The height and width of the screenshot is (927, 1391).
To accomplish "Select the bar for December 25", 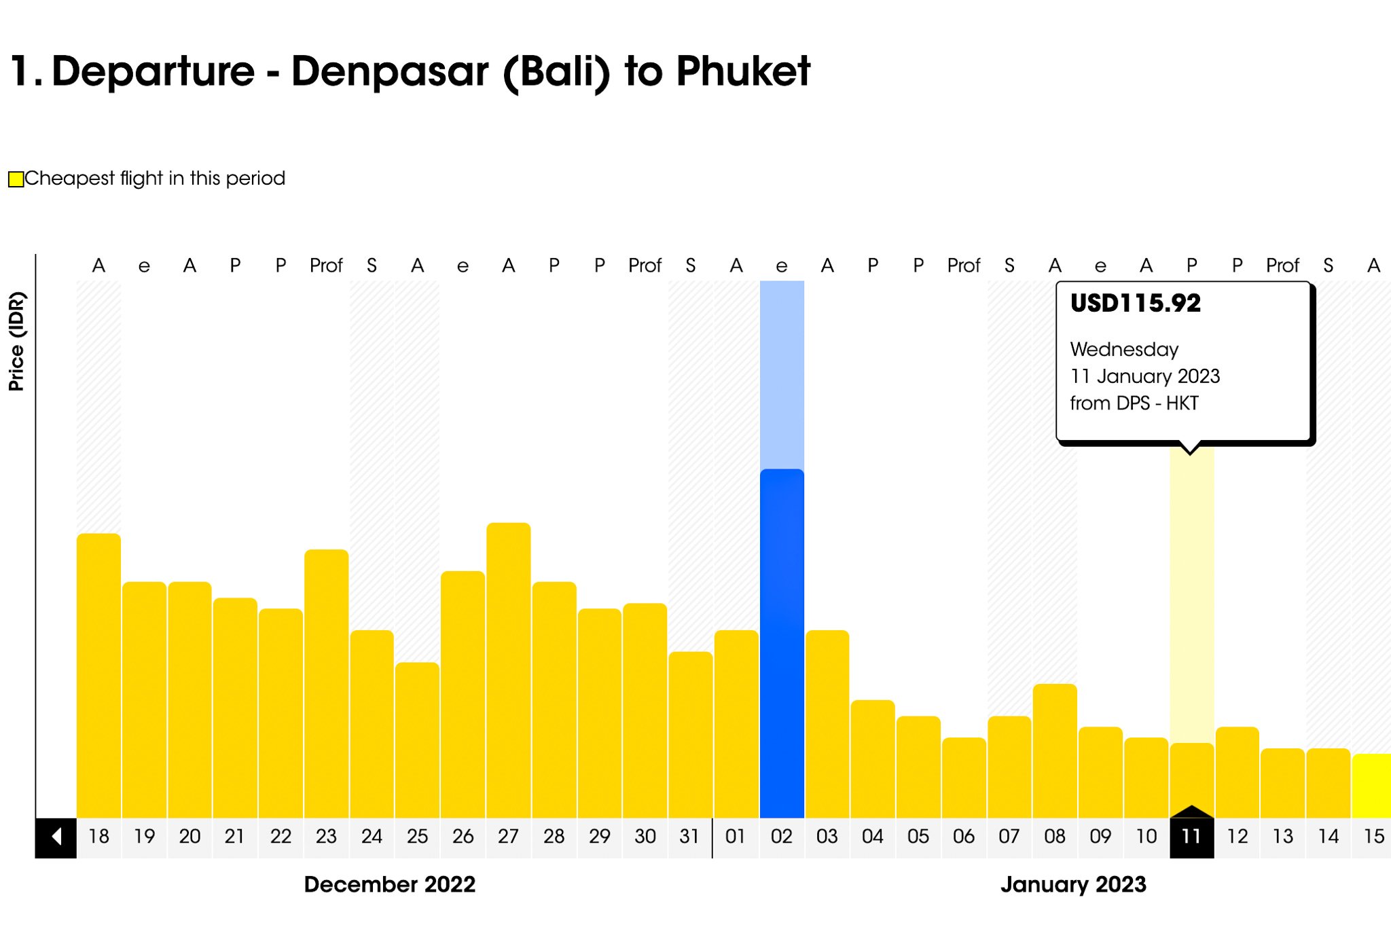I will (417, 740).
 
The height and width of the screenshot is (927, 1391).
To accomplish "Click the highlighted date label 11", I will (1191, 837).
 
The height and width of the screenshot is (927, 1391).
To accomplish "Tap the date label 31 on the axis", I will (690, 837).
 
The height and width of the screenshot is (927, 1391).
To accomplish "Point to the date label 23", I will (326, 837).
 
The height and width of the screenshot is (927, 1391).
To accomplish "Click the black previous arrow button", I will (56, 837).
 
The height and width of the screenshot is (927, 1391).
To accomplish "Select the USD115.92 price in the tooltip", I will (1136, 303).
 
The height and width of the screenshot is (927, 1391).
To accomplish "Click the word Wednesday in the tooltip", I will (1124, 349).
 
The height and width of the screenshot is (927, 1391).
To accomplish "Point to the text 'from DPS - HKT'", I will (1134, 403).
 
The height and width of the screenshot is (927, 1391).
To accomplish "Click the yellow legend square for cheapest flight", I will (16, 179).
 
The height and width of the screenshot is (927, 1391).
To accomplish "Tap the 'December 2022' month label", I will (389, 884).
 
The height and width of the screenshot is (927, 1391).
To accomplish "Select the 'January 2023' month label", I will (1073, 884).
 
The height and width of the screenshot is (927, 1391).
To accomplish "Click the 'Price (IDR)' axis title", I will (16, 341).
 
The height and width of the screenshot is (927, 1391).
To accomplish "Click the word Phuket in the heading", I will (743, 71).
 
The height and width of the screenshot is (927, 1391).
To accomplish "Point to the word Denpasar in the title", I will (389, 71).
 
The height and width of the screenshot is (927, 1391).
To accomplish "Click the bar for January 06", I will (964, 778).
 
